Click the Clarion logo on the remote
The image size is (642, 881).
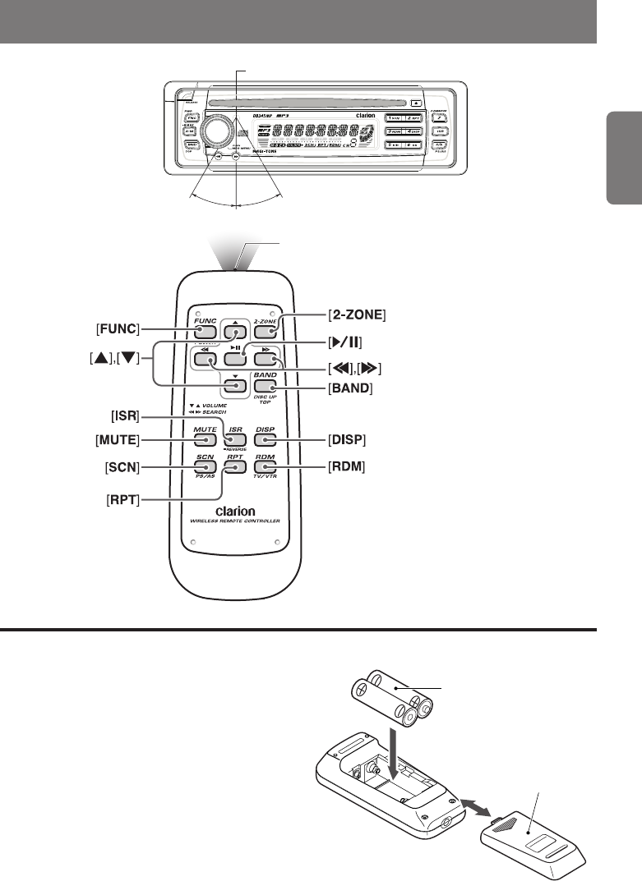coord(234,512)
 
